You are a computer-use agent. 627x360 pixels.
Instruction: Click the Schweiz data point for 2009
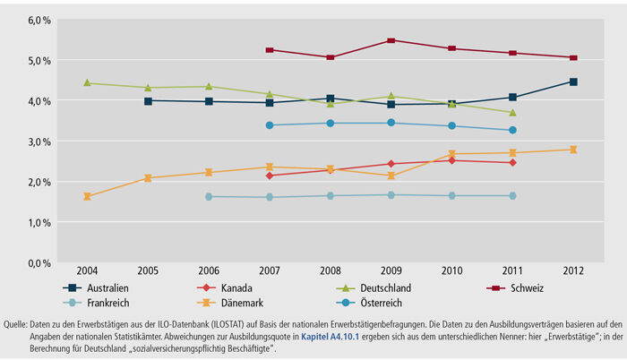pyautogui.click(x=391, y=40)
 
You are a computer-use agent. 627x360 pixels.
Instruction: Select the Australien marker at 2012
pyautogui.click(x=573, y=81)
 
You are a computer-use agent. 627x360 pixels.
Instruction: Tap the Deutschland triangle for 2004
pyautogui.click(x=87, y=82)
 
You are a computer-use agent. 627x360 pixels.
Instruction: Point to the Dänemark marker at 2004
pyautogui.click(x=87, y=196)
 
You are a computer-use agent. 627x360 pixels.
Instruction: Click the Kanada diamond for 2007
pyautogui.click(x=270, y=176)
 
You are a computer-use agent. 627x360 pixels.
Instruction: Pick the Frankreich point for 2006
pyautogui.click(x=209, y=196)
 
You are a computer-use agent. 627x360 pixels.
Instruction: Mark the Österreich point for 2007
pyautogui.click(x=270, y=125)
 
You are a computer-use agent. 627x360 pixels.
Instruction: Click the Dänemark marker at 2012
pyautogui.click(x=573, y=150)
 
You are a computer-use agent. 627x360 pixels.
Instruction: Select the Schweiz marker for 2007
pyautogui.click(x=270, y=49)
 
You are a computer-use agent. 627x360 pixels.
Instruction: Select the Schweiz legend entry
pyautogui.click(x=526, y=287)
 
